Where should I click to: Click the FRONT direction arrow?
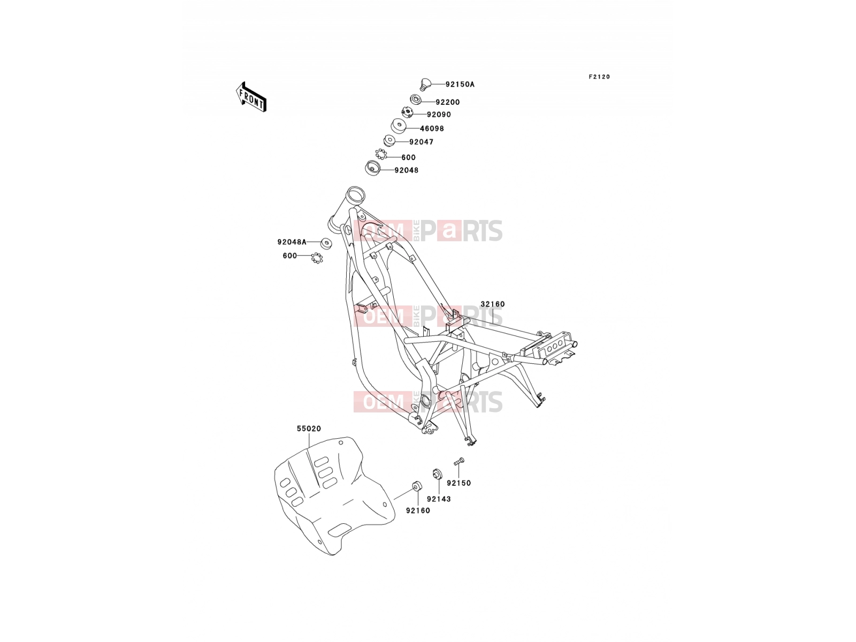pyautogui.click(x=251, y=97)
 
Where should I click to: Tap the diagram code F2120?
pyautogui.click(x=599, y=77)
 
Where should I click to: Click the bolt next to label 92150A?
pyautogui.click(x=424, y=84)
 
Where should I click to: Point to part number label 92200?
pyautogui.click(x=448, y=102)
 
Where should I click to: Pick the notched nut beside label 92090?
pyautogui.click(x=407, y=113)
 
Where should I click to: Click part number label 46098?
pyautogui.click(x=432, y=128)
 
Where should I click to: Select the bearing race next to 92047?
pyautogui.click(x=389, y=141)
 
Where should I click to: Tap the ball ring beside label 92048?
pyautogui.click(x=380, y=154)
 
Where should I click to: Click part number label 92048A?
pyautogui.click(x=292, y=242)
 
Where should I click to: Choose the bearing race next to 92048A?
pyautogui.click(x=326, y=243)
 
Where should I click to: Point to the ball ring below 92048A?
pyautogui.click(x=317, y=258)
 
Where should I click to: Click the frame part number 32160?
pyautogui.click(x=493, y=304)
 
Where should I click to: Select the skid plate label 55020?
pyautogui.click(x=309, y=429)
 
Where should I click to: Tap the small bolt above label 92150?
pyautogui.click(x=459, y=462)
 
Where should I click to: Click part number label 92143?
pyautogui.click(x=439, y=499)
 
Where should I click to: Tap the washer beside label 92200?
pyautogui.click(x=415, y=100)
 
